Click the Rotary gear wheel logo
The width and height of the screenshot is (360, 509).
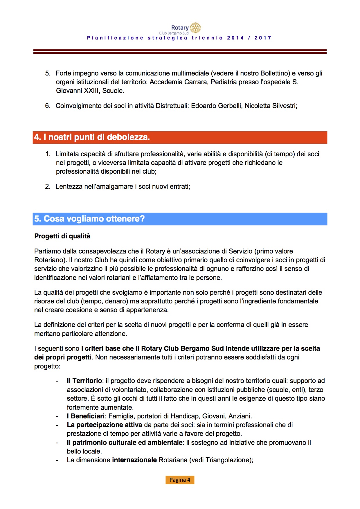click(195, 28)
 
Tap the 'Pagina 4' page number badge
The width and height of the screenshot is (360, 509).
click(180, 480)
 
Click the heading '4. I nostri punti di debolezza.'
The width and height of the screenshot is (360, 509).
click(92, 137)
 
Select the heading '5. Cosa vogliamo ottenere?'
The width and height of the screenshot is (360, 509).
click(89, 219)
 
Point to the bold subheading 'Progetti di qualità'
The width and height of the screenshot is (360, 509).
click(62, 236)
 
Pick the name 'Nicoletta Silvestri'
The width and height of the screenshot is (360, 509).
click(270, 106)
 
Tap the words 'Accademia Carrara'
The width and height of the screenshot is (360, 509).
click(179, 82)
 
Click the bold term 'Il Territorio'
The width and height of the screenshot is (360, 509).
click(84, 381)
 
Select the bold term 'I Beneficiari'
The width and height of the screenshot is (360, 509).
click(85, 416)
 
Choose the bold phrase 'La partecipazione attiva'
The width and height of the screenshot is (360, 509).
click(104, 425)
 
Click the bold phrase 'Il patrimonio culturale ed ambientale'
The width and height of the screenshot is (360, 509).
click(125, 443)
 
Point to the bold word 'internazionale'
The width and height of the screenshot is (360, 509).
click(134, 460)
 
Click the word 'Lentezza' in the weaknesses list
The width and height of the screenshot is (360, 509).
click(69, 186)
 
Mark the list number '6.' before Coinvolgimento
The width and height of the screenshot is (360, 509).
click(48, 106)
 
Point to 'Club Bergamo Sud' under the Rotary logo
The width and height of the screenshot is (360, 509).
click(174, 33)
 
